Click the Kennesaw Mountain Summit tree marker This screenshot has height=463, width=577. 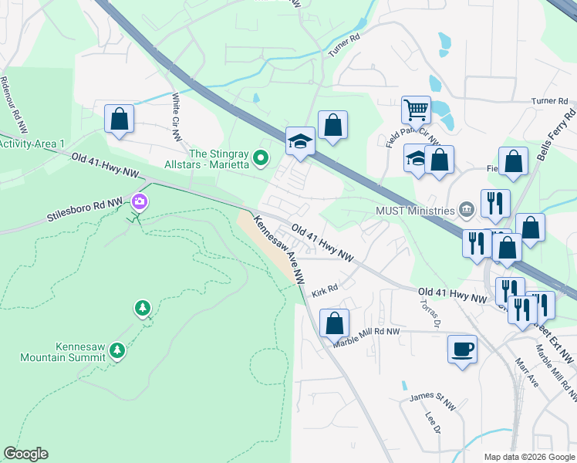tap(116, 351)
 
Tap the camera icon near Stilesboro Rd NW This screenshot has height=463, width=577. tap(139, 202)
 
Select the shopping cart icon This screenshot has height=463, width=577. tap(416, 110)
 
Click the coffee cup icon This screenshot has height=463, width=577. tap(462, 349)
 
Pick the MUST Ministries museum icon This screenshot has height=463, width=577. tap(466, 209)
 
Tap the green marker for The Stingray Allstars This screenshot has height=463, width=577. tap(261, 159)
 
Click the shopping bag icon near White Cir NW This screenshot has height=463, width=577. tap(119, 119)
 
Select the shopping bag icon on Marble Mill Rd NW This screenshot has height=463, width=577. tap(334, 323)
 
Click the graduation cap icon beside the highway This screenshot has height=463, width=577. tap(301, 141)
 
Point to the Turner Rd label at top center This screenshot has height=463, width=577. tap(344, 48)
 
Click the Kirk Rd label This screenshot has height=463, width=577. tap(326, 292)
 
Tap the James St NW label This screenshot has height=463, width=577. tap(427, 397)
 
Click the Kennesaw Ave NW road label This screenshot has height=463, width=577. tap(280, 250)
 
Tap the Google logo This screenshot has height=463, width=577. tap(25, 454)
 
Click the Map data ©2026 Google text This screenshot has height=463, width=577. tap(528, 457)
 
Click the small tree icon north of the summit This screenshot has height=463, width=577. tap(142, 309)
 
